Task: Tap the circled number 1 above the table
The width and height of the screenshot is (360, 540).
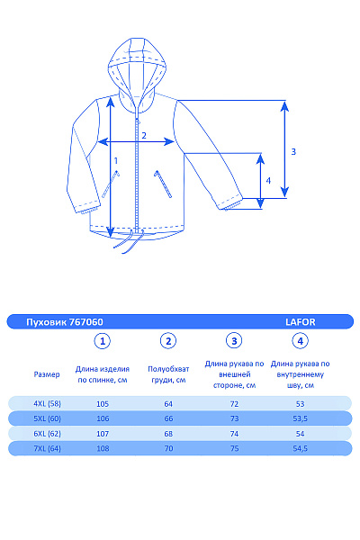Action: point(103,341)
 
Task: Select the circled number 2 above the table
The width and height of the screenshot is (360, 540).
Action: point(168,341)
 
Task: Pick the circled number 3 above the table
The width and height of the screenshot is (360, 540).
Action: point(234,341)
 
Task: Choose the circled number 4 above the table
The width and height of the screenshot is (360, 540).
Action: point(301,341)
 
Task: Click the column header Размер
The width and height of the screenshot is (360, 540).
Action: point(47,373)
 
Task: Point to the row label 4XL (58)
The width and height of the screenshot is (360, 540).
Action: point(47,403)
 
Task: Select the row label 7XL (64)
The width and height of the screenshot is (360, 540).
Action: point(47,448)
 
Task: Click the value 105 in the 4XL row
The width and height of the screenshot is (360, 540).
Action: point(103,403)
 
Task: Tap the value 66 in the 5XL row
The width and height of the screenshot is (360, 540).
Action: point(167,418)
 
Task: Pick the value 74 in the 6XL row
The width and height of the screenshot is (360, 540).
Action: point(234,433)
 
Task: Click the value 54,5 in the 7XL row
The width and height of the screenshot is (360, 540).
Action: point(301,448)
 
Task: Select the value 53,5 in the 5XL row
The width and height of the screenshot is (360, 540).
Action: point(301,418)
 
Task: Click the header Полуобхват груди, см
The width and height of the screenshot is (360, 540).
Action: point(167,374)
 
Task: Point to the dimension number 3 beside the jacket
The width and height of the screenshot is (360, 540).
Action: point(293,151)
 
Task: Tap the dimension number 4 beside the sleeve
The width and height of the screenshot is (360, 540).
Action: point(267,180)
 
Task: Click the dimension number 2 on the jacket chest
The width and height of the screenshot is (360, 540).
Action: point(144,136)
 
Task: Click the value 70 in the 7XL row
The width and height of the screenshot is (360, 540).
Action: point(167,448)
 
